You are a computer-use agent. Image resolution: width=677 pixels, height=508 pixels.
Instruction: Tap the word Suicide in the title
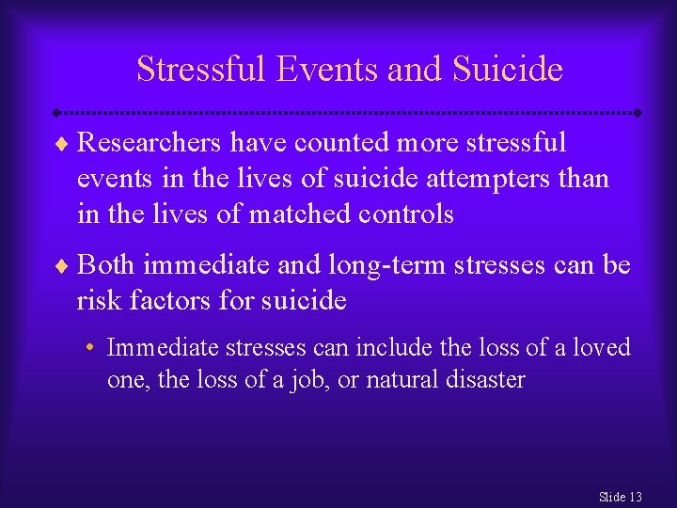pyautogui.click(x=508, y=69)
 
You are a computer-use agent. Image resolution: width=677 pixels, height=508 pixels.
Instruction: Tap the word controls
pyautogui.click(x=406, y=214)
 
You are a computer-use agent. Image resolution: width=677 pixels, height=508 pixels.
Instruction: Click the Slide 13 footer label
pyautogui.click(x=621, y=496)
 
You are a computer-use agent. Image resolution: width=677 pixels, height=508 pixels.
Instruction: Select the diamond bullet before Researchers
pyautogui.click(x=61, y=144)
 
